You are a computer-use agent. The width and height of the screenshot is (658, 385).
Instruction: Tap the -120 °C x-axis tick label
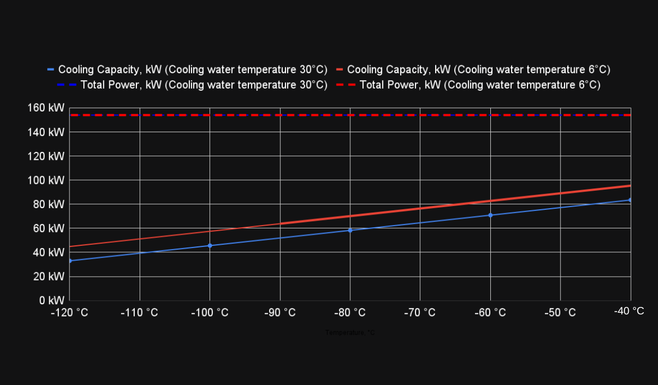[70, 313]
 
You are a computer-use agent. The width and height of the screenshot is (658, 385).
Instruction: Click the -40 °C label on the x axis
[629, 311]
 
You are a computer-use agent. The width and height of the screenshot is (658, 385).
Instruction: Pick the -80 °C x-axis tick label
[350, 313]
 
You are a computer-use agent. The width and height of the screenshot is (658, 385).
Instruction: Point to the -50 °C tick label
[560, 313]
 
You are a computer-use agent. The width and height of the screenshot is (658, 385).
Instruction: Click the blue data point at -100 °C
[210, 245]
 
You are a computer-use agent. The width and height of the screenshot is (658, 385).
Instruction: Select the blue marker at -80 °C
[350, 230]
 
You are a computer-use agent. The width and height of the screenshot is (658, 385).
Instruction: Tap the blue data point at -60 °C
[490, 215]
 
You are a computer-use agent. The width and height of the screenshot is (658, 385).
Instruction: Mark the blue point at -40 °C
[630, 200]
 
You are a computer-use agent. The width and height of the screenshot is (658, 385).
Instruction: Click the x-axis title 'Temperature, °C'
[350, 333]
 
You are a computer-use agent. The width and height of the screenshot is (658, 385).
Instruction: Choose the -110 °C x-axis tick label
[140, 313]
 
